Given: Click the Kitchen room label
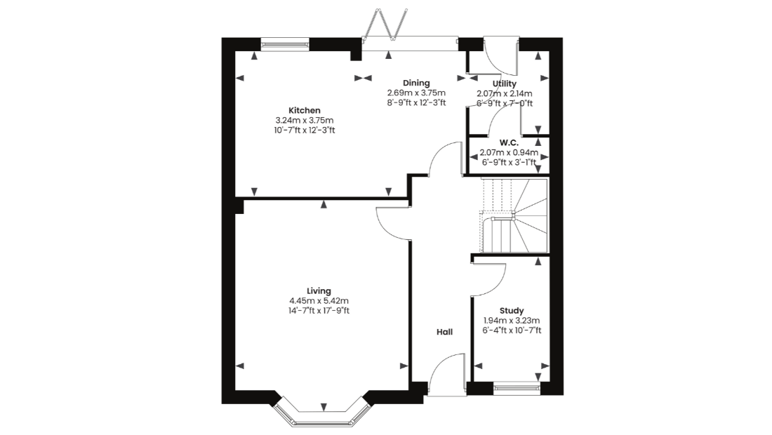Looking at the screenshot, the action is click(x=305, y=111).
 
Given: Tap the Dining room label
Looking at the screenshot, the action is click(x=416, y=83).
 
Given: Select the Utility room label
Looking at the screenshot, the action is click(x=504, y=83).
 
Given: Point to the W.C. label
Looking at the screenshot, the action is click(x=509, y=142).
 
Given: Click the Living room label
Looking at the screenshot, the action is click(x=319, y=291).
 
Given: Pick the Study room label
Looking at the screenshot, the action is click(x=512, y=311).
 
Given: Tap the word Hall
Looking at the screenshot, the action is click(x=444, y=332).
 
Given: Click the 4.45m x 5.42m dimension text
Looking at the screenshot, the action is click(x=319, y=301).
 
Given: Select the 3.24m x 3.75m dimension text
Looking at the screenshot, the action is click(x=305, y=121).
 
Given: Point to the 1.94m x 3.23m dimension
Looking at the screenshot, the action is click(x=512, y=321).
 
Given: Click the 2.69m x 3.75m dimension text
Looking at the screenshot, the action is click(x=416, y=93).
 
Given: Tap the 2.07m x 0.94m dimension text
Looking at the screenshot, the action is click(x=509, y=152).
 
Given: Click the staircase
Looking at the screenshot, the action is click(x=514, y=215).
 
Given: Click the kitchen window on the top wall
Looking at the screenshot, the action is click(x=285, y=45).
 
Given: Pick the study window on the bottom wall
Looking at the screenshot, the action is click(x=517, y=389).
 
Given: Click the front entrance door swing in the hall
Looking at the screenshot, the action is click(x=447, y=374).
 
